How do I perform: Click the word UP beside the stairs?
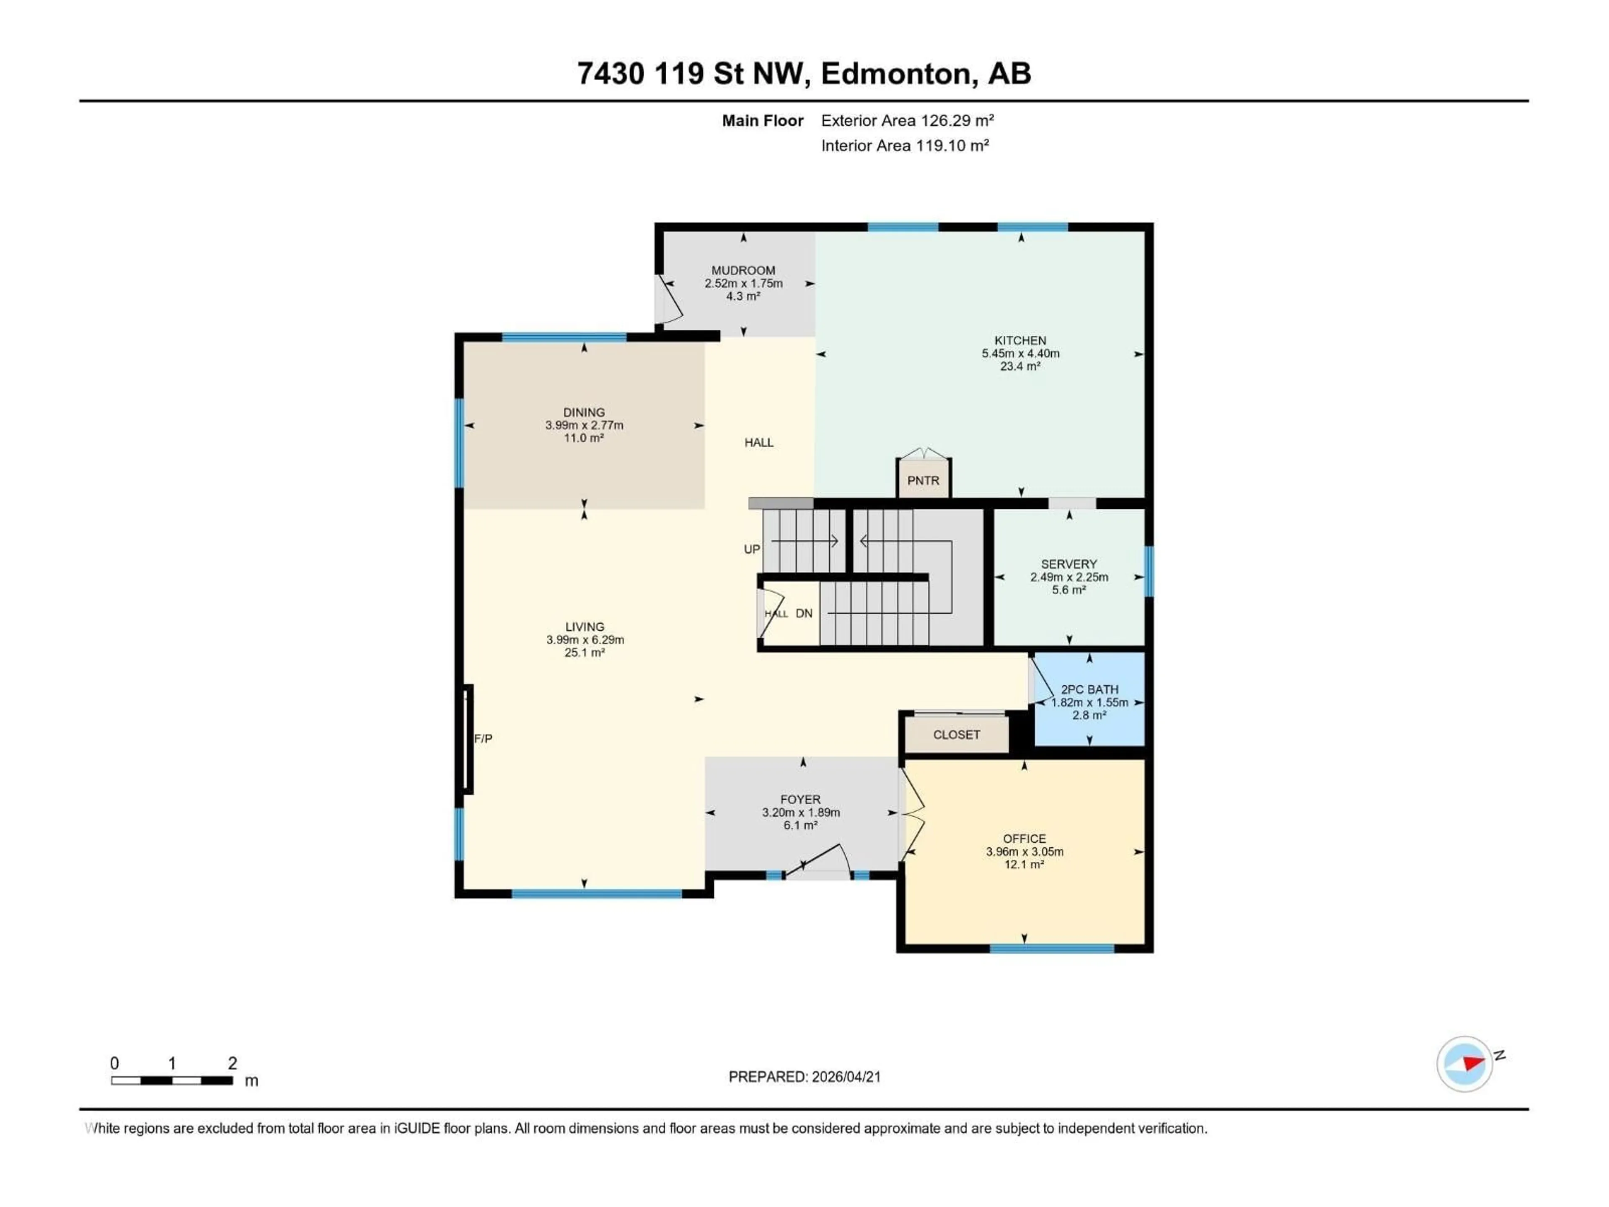pos(751,549)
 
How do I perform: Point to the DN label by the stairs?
pos(803,613)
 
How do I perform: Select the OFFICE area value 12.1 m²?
pos(1024,864)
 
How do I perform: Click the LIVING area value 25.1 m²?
pos(584,653)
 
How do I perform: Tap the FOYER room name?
pos(800,800)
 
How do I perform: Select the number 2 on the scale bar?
pos(232,1063)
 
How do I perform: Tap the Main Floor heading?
pos(762,121)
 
